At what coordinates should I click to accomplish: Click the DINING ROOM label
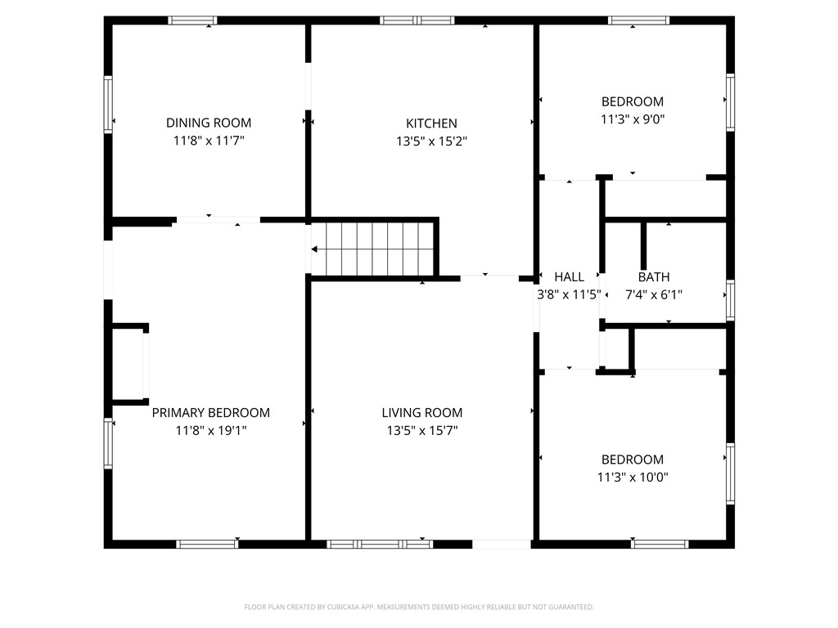pos(209,123)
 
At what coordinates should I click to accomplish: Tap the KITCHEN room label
pos(431,123)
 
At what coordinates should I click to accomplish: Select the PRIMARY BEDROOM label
pos(210,413)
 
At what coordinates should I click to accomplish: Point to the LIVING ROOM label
pos(422,413)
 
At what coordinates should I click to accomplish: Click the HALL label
pos(570,277)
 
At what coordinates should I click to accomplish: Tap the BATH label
pos(654,277)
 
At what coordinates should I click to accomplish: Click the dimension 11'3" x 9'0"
pos(633,119)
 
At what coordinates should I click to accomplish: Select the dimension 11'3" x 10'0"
pos(633,477)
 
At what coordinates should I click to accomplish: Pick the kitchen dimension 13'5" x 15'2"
pos(431,141)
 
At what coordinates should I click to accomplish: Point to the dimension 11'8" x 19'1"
pos(210,430)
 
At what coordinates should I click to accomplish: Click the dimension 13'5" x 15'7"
pos(422,430)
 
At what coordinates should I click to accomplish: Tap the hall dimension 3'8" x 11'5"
pos(570,294)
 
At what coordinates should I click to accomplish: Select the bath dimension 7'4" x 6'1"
pos(654,294)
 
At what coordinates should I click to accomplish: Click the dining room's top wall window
pos(192,20)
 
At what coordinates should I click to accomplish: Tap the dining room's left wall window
pos(108,104)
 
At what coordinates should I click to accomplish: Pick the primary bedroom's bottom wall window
pos(207,544)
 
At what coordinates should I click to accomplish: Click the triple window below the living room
pos(380,544)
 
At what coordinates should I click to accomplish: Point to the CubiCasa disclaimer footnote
pos(419,608)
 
